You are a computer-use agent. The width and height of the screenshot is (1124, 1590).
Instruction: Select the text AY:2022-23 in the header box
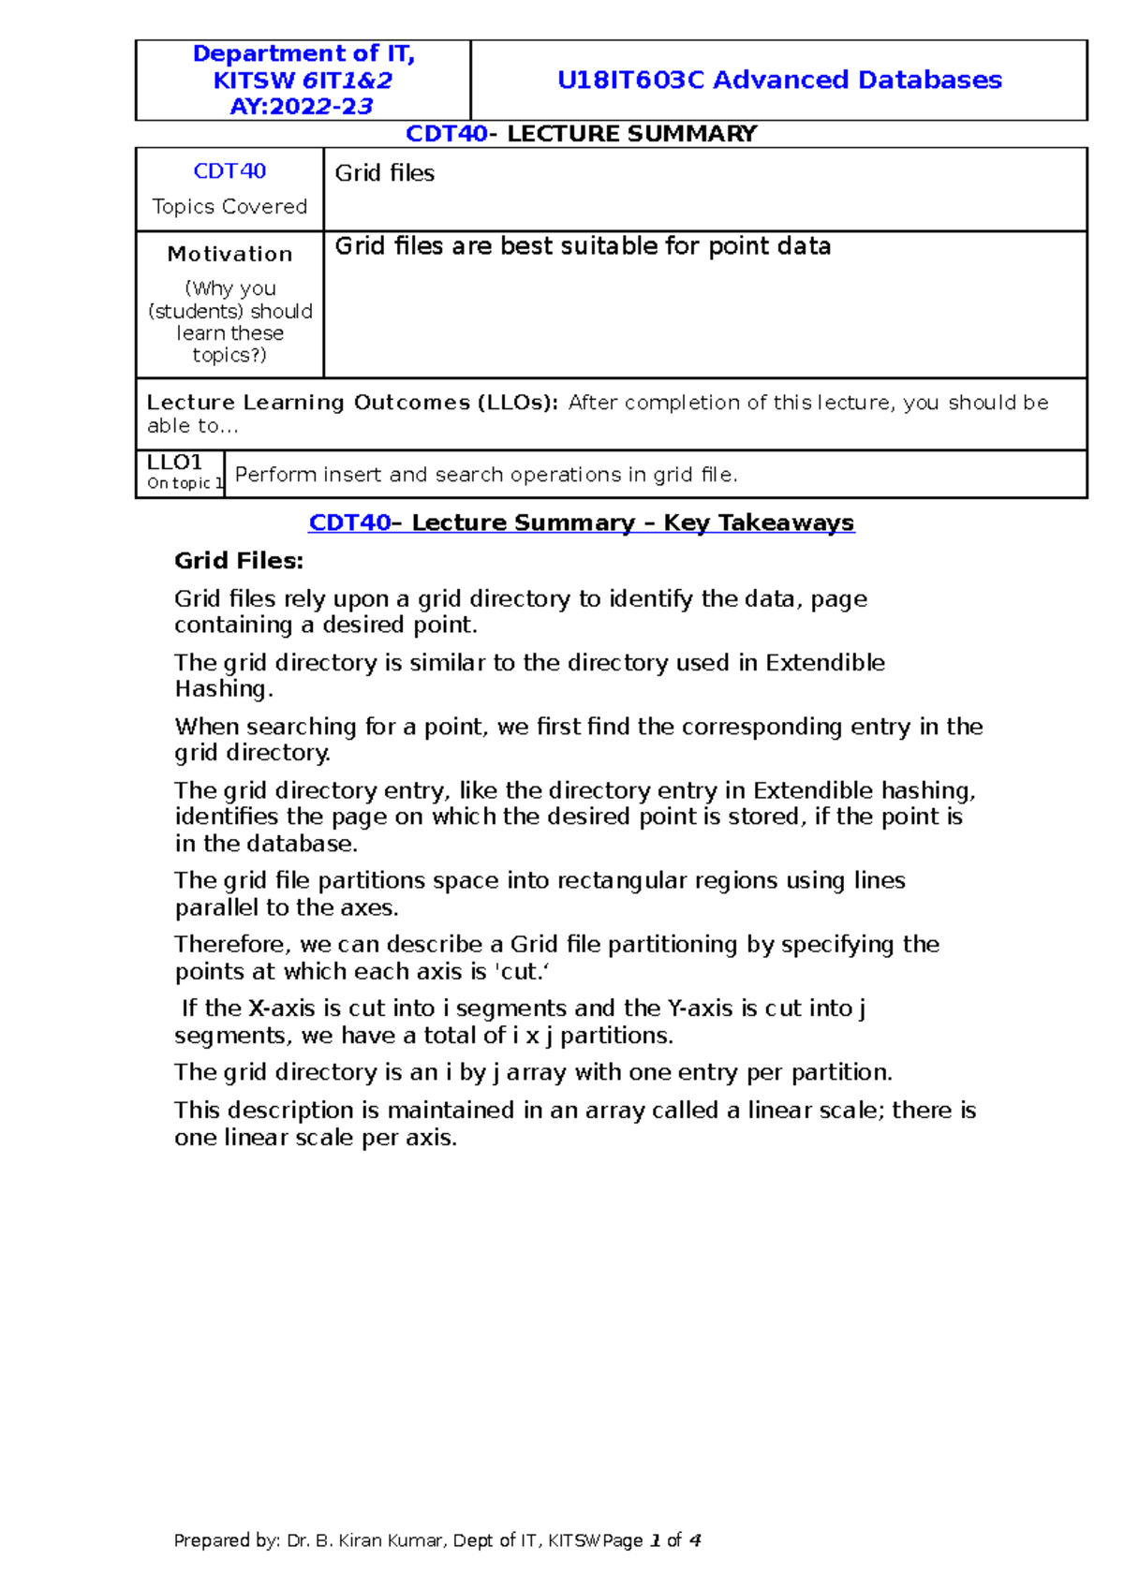(302, 107)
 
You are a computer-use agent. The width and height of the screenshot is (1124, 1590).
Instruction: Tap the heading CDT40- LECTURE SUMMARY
(581, 134)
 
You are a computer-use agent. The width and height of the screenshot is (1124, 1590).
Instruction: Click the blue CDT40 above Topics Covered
(229, 171)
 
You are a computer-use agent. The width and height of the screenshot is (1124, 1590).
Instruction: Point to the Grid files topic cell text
(385, 173)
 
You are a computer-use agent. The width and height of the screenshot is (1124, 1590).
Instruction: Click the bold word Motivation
(229, 254)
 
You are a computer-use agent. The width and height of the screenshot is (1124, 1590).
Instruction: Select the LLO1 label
(174, 463)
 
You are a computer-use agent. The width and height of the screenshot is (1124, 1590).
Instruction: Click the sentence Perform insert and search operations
(485, 475)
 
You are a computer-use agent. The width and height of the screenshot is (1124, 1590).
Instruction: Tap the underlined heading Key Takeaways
(759, 523)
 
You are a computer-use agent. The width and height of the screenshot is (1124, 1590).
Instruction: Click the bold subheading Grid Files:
(239, 561)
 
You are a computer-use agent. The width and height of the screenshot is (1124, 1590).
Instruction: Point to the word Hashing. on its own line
(224, 689)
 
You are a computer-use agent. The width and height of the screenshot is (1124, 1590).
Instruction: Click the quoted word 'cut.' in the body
(521, 972)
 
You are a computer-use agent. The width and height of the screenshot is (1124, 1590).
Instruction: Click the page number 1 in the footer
(655, 1540)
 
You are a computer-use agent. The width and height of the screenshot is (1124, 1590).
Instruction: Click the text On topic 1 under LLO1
(185, 483)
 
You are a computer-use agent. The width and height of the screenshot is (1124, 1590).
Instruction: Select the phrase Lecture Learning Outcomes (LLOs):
(352, 403)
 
